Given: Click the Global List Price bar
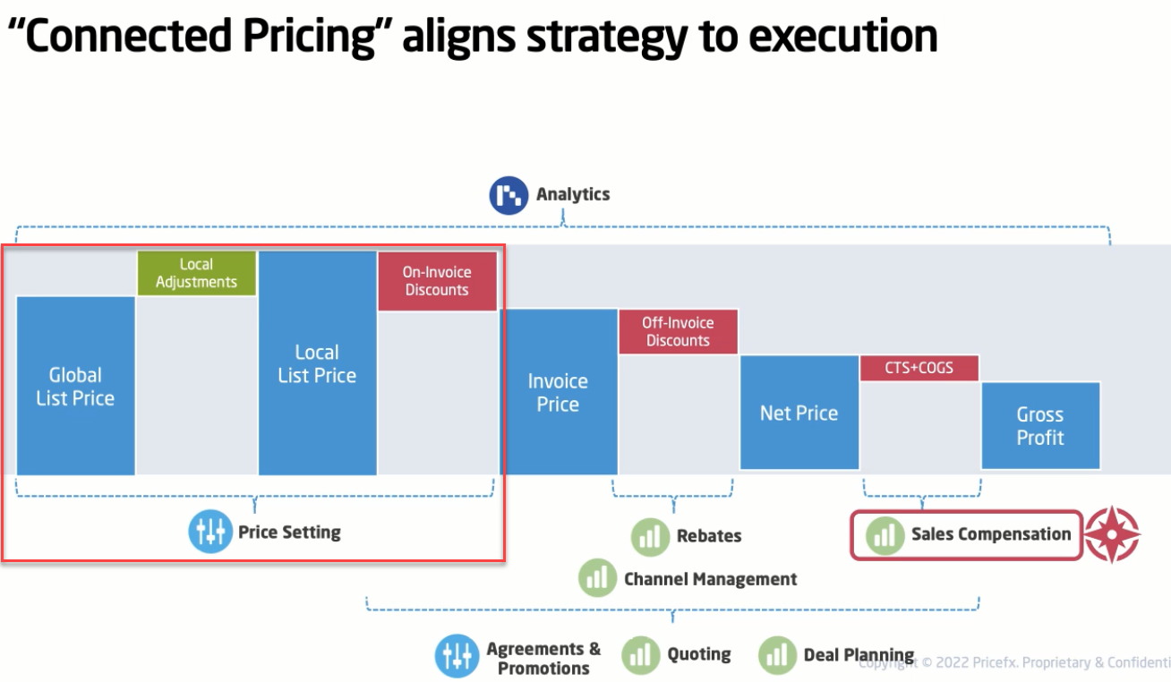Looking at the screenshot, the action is click(76, 386).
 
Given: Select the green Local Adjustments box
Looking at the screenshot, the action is click(197, 273).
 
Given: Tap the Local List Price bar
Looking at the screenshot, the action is click(317, 363).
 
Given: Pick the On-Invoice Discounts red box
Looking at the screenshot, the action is click(437, 282).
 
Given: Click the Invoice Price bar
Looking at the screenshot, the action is click(559, 392).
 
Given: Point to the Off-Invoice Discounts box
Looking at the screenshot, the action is click(679, 332).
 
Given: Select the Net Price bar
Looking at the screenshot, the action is click(799, 413).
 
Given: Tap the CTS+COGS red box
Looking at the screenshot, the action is click(919, 368).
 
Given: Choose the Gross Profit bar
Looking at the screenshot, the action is click(1041, 425).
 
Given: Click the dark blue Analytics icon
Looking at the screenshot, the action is click(509, 195).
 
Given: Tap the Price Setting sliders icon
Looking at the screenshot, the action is click(210, 532).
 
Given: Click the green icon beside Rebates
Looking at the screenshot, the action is click(650, 537).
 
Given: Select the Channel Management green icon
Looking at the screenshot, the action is click(597, 578).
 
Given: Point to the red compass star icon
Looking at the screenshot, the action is click(1113, 534).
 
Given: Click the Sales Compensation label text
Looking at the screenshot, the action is click(991, 534).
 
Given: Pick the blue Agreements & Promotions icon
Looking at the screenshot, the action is click(457, 656).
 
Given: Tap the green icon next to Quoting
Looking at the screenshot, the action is click(641, 655).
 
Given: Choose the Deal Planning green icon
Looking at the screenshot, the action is click(777, 655).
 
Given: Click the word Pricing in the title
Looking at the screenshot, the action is click(310, 37).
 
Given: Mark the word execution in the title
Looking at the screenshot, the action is click(843, 36).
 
